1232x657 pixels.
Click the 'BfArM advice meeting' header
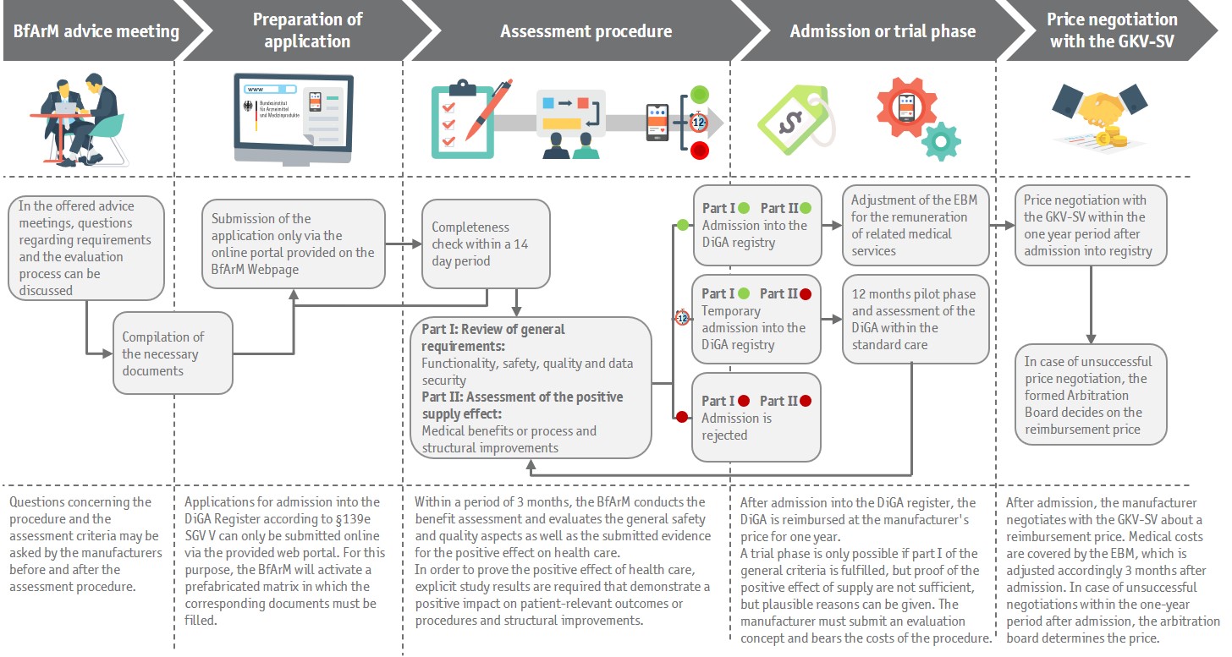click(96, 31)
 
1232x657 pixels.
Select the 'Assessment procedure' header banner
click(586, 31)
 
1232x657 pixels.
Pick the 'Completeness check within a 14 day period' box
click(485, 244)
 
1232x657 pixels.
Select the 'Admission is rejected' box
click(756, 418)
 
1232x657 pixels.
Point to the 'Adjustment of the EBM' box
click(916, 225)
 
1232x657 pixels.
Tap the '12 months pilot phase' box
click(916, 319)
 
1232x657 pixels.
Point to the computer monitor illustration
click(293, 116)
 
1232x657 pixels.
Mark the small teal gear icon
click(941, 140)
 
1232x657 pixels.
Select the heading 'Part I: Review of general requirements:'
click(493, 337)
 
